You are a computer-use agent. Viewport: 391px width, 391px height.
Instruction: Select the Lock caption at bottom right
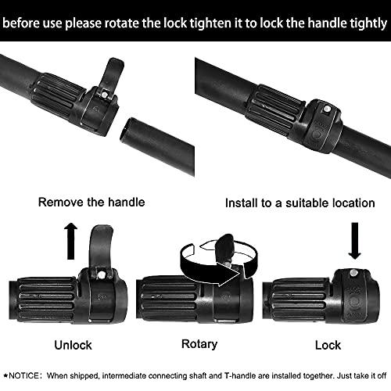pos(326,343)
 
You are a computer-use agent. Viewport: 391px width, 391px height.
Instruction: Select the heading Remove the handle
pos(91,203)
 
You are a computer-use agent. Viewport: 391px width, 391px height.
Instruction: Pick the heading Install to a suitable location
pos(300,203)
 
